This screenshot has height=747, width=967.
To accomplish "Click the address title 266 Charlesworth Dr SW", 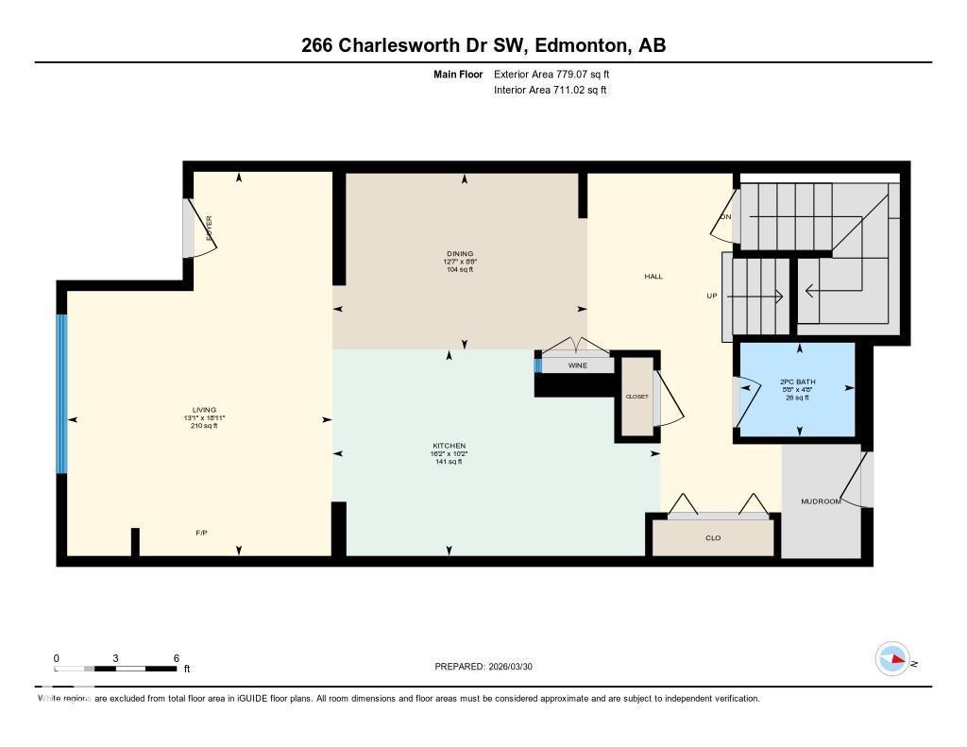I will [x=483, y=45].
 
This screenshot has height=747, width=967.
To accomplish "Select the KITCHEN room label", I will [x=449, y=446].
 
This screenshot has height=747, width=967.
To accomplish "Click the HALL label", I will [x=653, y=277].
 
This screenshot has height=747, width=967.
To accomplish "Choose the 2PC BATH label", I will [x=798, y=382].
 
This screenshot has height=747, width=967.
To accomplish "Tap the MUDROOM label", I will [x=820, y=501].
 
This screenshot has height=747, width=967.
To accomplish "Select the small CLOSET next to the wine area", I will [x=637, y=397].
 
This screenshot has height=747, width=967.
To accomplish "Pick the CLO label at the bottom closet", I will [x=713, y=538].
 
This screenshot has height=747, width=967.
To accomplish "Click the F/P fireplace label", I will [x=201, y=534].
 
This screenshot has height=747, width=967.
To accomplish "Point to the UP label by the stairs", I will [x=713, y=296].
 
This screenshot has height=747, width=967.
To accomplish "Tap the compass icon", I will [x=892, y=659].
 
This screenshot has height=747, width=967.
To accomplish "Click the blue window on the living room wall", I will [x=62, y=393].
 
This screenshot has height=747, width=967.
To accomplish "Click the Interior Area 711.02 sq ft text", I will [x=550, y=91].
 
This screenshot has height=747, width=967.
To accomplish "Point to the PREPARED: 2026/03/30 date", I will [x=490, y=667].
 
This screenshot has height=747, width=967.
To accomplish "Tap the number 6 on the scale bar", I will [x=176, y=658].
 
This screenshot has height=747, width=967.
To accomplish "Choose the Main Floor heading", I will [x=458, y=74].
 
